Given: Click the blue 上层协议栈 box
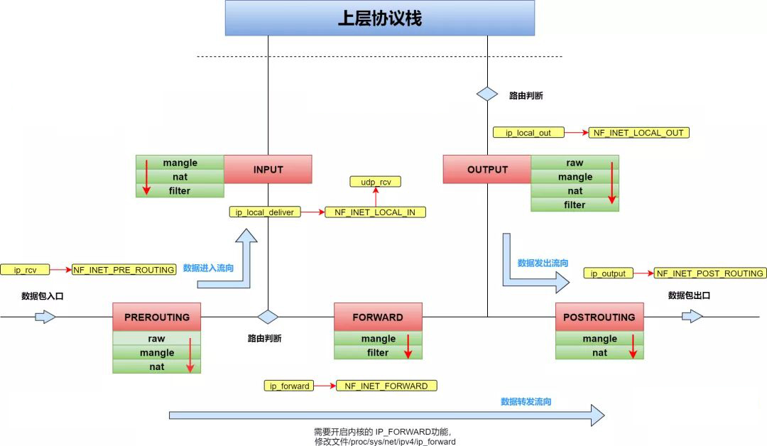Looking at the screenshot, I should (x=380, y=18).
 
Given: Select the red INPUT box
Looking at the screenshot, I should (x=268, y=170).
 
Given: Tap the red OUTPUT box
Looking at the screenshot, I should (x=487, y=170).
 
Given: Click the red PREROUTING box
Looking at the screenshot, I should (x=156, y=317).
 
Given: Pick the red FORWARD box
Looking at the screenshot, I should (x=378, y=317).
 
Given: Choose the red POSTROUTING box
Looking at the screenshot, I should (x=599, y=317).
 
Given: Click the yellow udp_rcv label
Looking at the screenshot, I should (x=376, y=183).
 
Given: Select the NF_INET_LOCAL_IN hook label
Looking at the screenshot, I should (x=376, y=212).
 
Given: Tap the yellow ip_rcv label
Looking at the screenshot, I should (x=25, y=270).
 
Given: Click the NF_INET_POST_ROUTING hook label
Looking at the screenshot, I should (x=709, y=273).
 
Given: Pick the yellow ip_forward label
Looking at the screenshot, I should (x=289, y=386).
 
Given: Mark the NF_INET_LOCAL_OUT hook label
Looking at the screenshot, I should (x=639, y=133).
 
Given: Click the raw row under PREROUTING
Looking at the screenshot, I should (x=156, y=339).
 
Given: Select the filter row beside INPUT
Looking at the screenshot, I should (x=180, y=191).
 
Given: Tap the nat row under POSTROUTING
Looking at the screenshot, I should (x=599, y=352).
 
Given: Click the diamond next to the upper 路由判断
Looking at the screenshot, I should (x=487, y=94).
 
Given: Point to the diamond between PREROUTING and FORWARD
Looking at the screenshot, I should (x=268, y=317).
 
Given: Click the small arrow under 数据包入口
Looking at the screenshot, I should (x=45, y=317).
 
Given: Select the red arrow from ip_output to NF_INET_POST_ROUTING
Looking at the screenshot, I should (x=642, y=273).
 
